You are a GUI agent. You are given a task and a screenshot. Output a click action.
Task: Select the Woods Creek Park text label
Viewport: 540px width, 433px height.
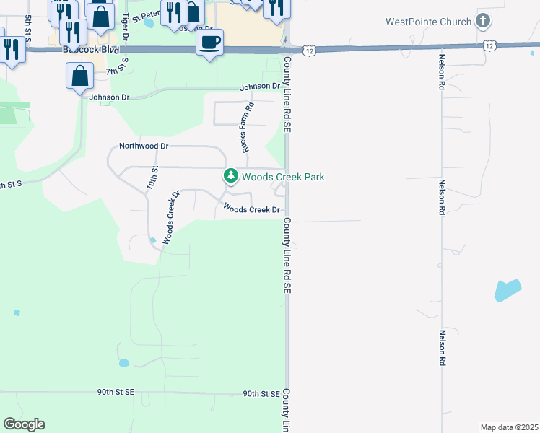[283, 177]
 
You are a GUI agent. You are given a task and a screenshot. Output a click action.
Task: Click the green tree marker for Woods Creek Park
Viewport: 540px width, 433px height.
[230, 176]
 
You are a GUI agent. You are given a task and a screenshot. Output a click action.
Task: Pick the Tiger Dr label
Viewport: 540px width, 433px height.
[126, 25]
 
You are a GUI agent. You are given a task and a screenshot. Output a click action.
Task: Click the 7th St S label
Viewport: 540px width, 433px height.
[121, 71]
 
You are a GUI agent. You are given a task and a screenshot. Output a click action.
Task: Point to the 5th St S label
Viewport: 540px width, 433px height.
[27, 27]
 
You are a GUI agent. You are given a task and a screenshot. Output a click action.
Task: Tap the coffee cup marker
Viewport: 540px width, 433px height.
[209, 43]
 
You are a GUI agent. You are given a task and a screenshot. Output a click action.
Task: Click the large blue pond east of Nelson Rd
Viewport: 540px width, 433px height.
[508, 290]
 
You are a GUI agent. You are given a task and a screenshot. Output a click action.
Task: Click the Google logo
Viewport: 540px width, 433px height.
[24, 424]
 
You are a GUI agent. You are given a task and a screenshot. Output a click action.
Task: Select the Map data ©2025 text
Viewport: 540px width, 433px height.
[509, 427]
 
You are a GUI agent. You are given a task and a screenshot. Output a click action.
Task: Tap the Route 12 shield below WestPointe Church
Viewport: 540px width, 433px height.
[490, 45]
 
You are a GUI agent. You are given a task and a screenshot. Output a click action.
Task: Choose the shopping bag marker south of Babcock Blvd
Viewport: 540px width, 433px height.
[79, 76]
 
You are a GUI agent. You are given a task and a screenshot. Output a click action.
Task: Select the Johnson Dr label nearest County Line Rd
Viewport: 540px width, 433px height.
[260, 87]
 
